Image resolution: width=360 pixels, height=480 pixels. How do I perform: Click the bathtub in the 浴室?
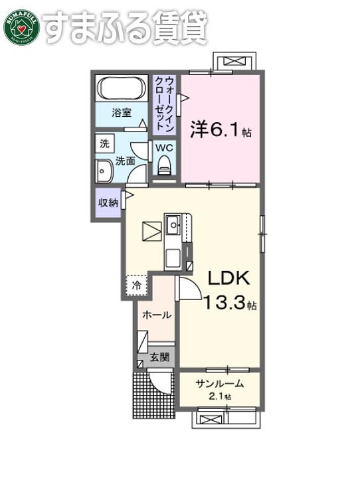point(122,88)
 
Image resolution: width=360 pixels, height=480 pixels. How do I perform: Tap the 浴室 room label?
point(122,113)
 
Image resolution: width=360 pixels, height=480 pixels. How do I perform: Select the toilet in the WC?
point(164,165)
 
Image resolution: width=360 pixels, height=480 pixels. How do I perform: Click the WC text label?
point(164,148)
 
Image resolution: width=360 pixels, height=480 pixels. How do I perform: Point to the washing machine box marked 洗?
point(105,143)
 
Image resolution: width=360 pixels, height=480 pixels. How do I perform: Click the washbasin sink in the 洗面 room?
point(104,172)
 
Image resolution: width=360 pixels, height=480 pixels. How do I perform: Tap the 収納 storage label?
point(108,202)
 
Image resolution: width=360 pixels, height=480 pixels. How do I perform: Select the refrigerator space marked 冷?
point(137,285)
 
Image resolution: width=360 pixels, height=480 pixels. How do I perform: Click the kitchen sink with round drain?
point(173,225)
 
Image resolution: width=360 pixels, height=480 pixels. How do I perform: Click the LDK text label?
point(228,278)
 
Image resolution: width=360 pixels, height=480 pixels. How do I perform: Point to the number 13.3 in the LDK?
point(225,303)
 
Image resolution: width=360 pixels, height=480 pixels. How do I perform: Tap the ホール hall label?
point(157,315)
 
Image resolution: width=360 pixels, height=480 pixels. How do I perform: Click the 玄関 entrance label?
point(159,357)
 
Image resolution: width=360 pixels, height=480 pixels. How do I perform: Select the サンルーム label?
point(220,384)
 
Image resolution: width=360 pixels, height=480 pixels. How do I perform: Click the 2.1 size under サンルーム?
point(217,397)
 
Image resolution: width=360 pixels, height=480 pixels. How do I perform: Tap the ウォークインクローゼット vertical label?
point(165,104)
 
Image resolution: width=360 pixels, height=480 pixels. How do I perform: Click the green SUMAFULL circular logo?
point(22,28)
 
